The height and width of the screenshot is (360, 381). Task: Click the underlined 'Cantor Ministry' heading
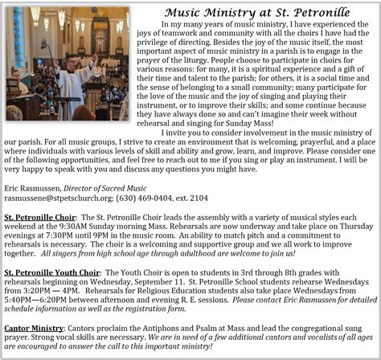[35, 329]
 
